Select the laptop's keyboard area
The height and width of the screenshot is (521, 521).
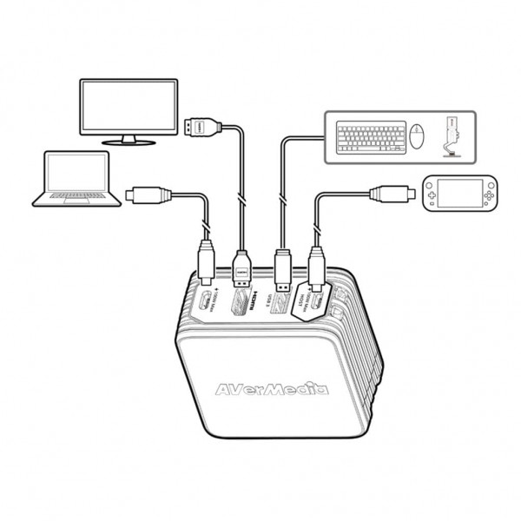(x=76, y=198)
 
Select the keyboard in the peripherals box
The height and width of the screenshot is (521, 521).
(x=373, y=136)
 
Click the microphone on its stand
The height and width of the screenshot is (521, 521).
(x=451, y=135)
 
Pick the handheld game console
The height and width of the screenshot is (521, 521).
(x=458, y=195)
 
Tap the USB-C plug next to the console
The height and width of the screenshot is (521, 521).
(x=387, y=192)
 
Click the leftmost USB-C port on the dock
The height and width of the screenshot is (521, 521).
(x=200, y=303)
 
